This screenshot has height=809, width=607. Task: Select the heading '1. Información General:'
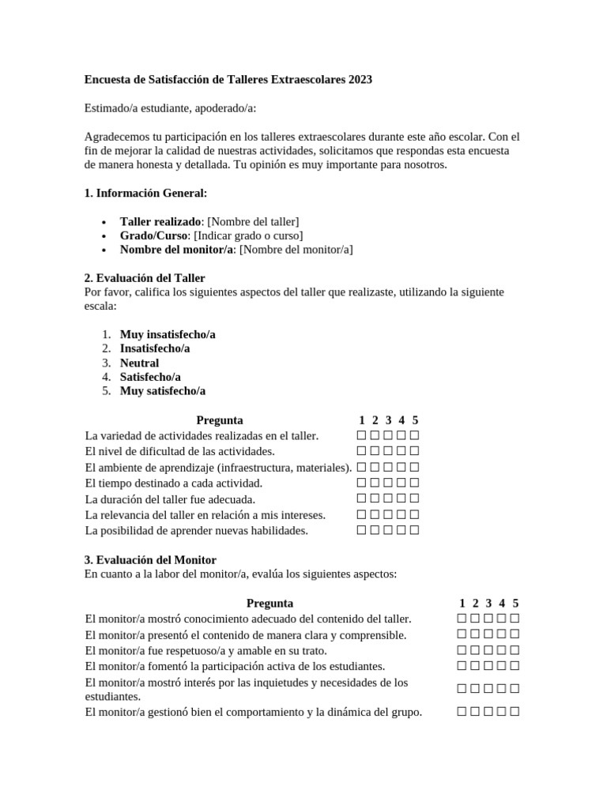tap(145, 193)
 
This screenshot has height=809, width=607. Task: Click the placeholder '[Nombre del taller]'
tap(254, 221)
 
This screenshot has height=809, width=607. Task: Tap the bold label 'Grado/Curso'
tap(154, 235)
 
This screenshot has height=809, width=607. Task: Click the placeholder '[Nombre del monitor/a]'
tap(296, 250)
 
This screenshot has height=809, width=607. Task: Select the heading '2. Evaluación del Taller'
tap(145, 278)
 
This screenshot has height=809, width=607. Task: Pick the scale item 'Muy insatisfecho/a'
tap(168, 334)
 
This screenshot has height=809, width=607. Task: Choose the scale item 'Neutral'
tap(139, 363)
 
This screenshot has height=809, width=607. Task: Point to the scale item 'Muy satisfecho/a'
tap(162, 391)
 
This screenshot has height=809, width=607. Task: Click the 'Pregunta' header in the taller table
tap(219, 420)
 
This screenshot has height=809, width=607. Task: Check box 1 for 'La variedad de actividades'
tap(361, 435)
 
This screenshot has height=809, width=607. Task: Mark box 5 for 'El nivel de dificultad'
tap(414, 451)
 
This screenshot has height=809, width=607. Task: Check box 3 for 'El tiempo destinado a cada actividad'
tap(388, 483)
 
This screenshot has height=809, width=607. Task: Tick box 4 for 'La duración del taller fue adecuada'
tap(402, 499)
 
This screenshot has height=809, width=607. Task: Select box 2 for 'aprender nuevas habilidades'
tap(375, 530)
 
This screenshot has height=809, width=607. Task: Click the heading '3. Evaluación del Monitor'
tap(150, 559)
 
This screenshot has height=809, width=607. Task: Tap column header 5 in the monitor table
tap(515, 603)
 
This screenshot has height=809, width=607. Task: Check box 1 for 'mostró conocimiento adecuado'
tap(462, 619)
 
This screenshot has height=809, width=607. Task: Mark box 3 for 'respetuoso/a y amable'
tap(488, 650)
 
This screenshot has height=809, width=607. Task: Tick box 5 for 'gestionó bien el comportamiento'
tap(515, 712)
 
